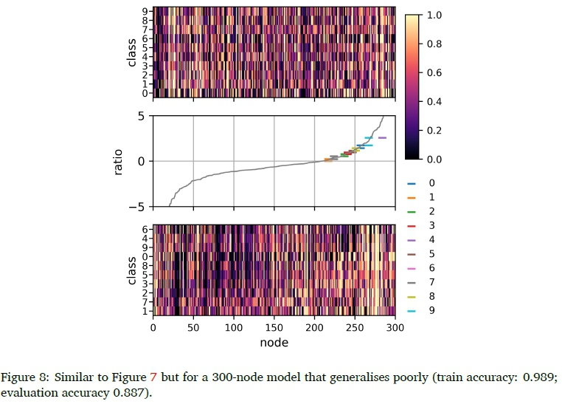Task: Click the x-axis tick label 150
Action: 274,328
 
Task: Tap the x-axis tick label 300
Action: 395,328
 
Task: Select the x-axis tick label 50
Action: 193,328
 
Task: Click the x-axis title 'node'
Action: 274,343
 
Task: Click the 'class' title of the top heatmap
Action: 131,53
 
